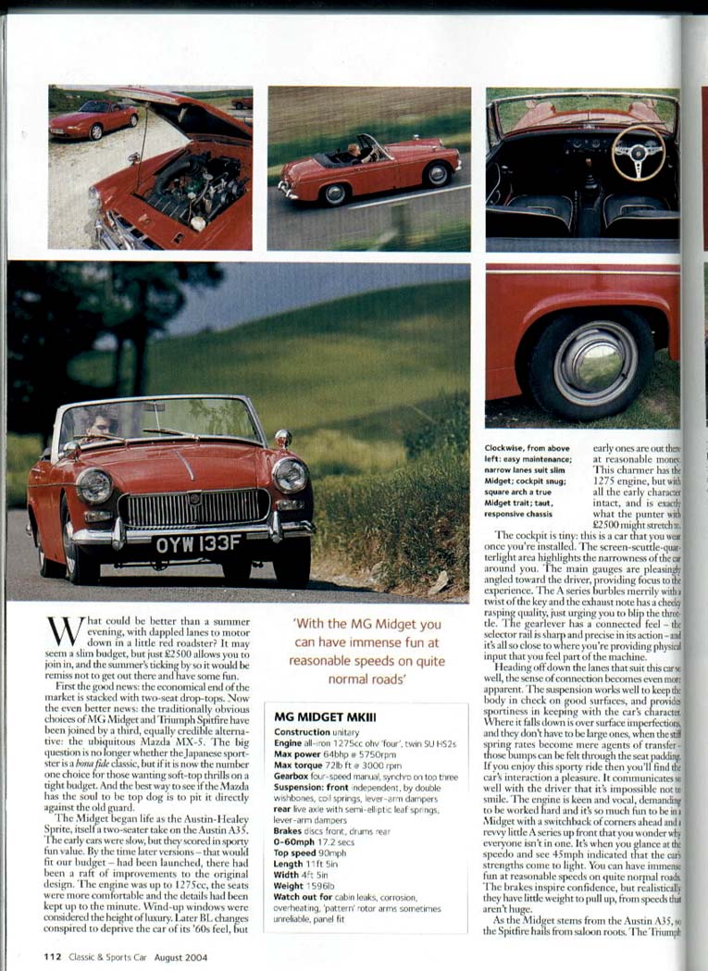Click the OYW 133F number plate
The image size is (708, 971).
click(198, 544)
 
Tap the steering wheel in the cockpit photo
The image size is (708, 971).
click(638, 152)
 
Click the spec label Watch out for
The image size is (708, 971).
click(309, 872)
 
